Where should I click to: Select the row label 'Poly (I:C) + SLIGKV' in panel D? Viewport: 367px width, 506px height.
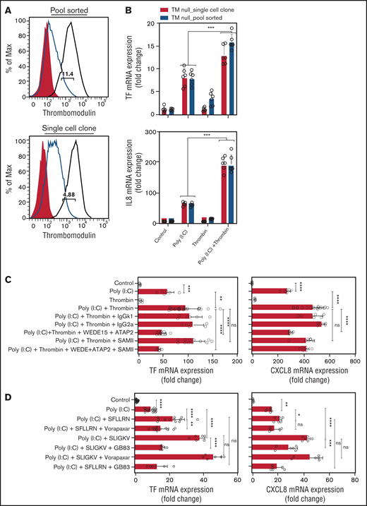tap(101, 437)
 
